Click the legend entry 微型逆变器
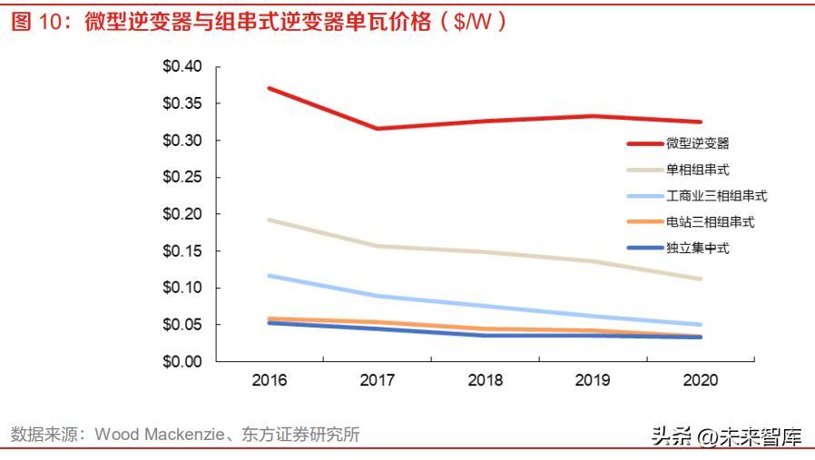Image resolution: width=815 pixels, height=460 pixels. point(698,142)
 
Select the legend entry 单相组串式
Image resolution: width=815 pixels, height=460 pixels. point(698,169)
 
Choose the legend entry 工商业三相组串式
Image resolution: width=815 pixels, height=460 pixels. point(717,195)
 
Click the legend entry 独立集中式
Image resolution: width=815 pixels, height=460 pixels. point(698,248)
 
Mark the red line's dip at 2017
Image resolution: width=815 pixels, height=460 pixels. point(378,129)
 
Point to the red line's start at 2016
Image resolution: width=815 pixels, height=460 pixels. point(270,88)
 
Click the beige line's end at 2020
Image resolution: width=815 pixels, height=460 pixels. point(700,279)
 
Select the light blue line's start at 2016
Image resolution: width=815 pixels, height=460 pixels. point(270,275)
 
